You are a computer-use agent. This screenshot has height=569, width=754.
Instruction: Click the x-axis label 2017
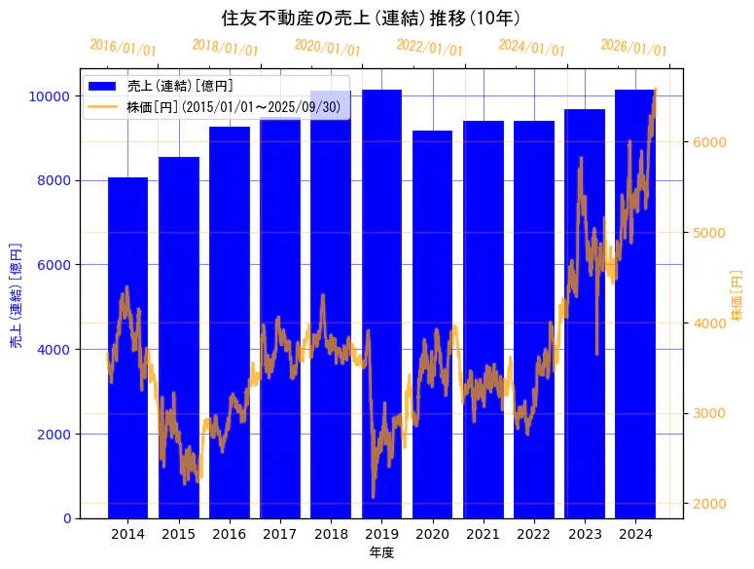280,534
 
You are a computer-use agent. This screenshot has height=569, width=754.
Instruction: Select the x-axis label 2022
534,534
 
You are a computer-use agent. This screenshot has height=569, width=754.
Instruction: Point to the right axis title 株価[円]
737,296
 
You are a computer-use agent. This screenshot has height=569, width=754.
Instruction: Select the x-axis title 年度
381,552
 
